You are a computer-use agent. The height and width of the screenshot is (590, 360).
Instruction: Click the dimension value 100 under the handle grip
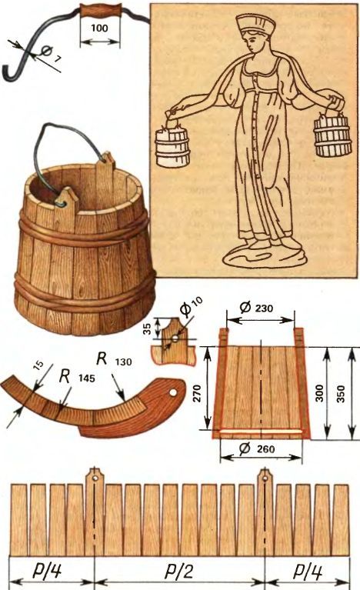pyautogui.click(x=99, y=28)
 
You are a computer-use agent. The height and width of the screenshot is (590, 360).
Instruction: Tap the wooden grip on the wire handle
pyautogui.click(x=100, y=11)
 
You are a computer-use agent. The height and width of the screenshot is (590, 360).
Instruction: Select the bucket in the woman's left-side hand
pyautogui.click(x=172, y=145)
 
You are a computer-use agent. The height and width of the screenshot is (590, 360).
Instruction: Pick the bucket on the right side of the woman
pyautogui.click(x=333, y=135)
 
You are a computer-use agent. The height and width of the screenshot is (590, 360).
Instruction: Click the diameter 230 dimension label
pyautogui.click(x=257, y=308)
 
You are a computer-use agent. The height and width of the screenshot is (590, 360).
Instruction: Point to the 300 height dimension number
pyautogui.click(x=319, y=393)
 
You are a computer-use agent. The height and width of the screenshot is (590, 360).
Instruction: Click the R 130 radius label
pyautogui.click(x=114, y=360)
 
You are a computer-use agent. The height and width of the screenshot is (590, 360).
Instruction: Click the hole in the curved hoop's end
pyautogui.click(x=172, y=392)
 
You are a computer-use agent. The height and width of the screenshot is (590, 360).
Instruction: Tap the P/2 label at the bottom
pyautogui.click(x=179, y=572)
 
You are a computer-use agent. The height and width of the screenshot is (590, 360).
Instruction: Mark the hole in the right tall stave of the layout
pyautogui.click(x=265, y=478)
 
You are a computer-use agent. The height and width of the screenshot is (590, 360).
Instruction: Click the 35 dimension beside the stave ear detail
pyautogui.click(x=148, y=329)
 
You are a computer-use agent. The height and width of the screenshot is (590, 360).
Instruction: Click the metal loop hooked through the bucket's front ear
pyautogui.click(x=61, y=204)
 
